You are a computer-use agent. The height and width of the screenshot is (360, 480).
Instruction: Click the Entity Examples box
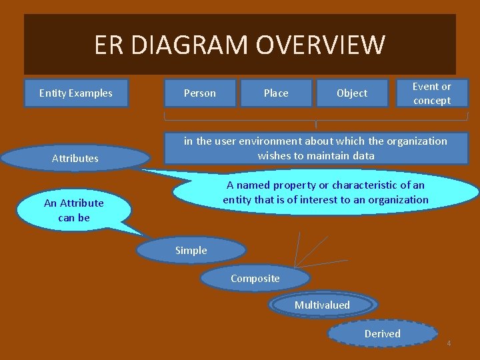click(x=75, y=93)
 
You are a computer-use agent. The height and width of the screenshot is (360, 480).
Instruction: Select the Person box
click(x=200, y=93)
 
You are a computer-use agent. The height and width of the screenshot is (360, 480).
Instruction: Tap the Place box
click(x=276, y=93)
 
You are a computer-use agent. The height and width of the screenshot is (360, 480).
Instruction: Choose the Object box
click(x=352, y=93)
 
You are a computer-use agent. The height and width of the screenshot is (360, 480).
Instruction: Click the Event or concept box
click(x=432, y=93)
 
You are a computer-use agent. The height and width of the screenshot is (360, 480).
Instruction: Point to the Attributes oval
click(x=75, y=159)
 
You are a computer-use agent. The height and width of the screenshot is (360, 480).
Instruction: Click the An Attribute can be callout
click(x=74, y=210)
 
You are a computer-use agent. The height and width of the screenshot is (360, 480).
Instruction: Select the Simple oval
click(x=191, y=251)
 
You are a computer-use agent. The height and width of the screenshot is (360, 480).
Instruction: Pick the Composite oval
click(x=255, y=279)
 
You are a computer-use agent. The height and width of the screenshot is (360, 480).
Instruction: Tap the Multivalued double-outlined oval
click(x=323, y=305)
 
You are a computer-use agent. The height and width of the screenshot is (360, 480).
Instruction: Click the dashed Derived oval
click(x=383, y=334)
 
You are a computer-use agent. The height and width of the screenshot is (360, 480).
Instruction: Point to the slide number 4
click(x=449, y=343)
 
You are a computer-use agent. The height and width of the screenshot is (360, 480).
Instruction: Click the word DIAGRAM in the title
click(x=194, y=45)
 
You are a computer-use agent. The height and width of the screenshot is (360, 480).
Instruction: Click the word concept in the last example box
click(x=432, y=101)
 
